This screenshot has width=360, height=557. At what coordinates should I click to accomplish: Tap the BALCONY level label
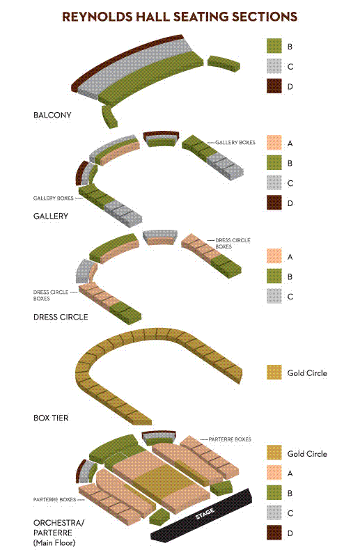pyautogui.click(x=52, y=115)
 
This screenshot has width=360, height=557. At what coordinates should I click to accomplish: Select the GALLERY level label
pyautogui.click(x=51, y=216)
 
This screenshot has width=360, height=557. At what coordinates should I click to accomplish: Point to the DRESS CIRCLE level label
pyautogui.click(x=61, y=317)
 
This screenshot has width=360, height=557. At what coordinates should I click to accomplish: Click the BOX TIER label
pyautogui.click(x=51, y=418)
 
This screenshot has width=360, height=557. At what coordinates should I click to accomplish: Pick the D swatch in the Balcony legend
pyautogui.click(x=274, y=86)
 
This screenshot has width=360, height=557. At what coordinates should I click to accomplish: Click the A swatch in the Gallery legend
pyautogui.click(x=274, y=143)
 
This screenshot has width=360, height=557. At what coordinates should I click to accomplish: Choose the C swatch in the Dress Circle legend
pyautogui.click(x=274, y=297)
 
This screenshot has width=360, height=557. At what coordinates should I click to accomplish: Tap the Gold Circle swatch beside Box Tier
pyautogui.click(x=274, y=372)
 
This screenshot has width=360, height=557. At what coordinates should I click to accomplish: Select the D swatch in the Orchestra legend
pyautogui.click(x=274, y=533)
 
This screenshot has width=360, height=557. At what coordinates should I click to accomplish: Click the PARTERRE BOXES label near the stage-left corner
pyautogui.click(x=55, y=499)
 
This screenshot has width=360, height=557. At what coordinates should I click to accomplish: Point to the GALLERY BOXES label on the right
pyautogui.click(x=235, y=143)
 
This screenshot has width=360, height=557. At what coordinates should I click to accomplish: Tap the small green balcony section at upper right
pyautogui.click(x=224, y=63)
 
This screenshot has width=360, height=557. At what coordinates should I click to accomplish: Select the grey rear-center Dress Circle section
pyautogui.click(x=160, y=235)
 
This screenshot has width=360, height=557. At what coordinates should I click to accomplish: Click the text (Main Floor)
pyautogui.click(x=54, y=543)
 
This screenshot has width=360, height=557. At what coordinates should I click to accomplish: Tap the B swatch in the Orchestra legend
pyautogui.click(x=274, y=493)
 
